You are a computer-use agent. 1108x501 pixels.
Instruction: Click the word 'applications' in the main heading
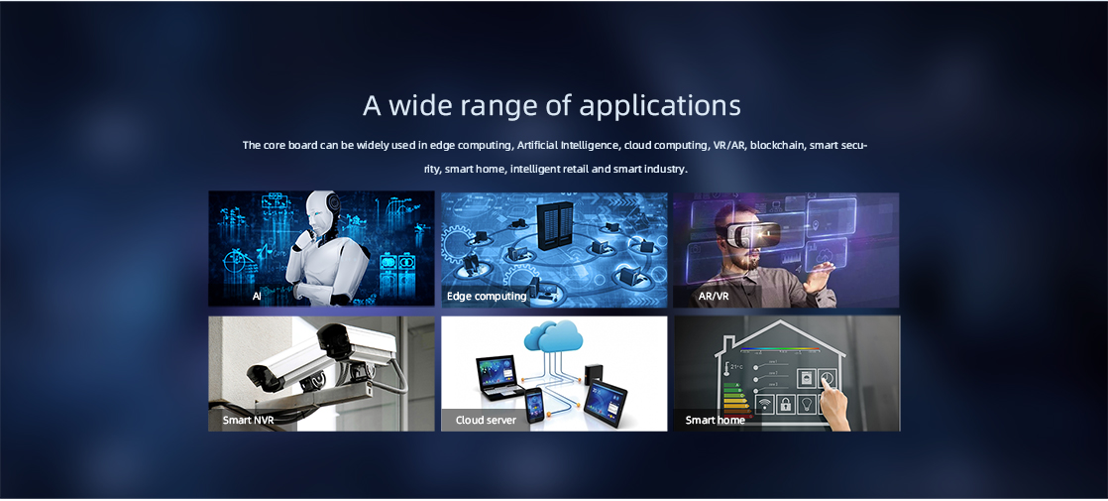(660, 106)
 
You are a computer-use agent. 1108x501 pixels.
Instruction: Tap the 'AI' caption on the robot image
(257, 296)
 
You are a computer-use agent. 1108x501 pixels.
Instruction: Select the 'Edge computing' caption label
(487, 296)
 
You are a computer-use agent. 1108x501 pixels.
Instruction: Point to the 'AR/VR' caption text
(713, 296)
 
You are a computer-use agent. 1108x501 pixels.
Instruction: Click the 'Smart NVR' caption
(248, 421)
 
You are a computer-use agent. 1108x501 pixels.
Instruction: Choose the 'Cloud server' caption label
(486, 421)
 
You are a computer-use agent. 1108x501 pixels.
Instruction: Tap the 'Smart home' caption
(716, 421)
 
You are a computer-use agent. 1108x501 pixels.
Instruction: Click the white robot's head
(324, 211)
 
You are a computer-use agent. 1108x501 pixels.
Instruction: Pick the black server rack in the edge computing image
(555, 226)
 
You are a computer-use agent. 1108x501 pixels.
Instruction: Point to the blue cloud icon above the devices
(554, 336)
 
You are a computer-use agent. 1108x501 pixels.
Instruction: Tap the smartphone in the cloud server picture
(534, 405)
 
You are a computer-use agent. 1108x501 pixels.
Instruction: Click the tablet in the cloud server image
(606, 399)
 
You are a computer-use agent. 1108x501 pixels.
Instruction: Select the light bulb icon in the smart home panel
(808, 405)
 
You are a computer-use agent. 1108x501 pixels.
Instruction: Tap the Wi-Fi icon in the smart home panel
(764, 405)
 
